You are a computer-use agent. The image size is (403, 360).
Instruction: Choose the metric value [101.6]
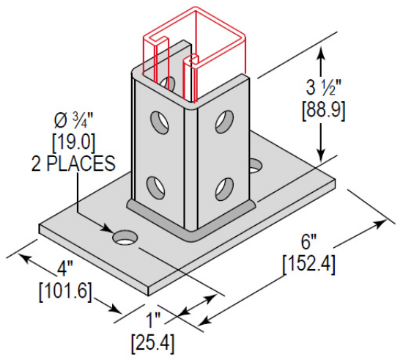pyautogui.click(x=64, y=291)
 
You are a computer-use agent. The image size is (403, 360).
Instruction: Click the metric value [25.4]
pyautogui.click(x=152, y=342)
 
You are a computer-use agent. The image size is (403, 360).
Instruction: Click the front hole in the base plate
pyautogui.click(x=125, y=238)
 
